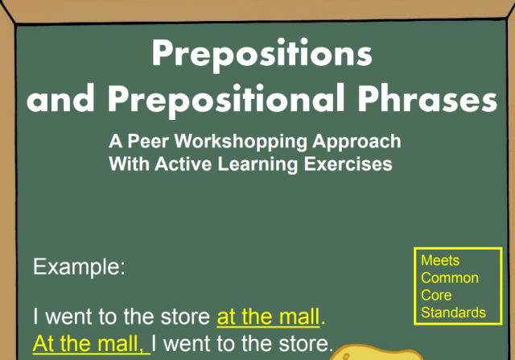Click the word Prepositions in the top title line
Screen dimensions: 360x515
point(262,55)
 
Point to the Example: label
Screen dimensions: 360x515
point(79,267)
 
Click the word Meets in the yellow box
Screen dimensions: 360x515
point(440,261)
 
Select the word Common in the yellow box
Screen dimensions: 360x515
point(449,278)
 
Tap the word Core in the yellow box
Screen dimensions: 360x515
point(436,296)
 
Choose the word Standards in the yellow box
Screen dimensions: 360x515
point(453,312)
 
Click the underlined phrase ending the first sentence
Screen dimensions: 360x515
point(269,316)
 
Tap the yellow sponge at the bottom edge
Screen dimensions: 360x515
point(361,354)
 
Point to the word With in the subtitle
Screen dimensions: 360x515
point(127,163)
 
